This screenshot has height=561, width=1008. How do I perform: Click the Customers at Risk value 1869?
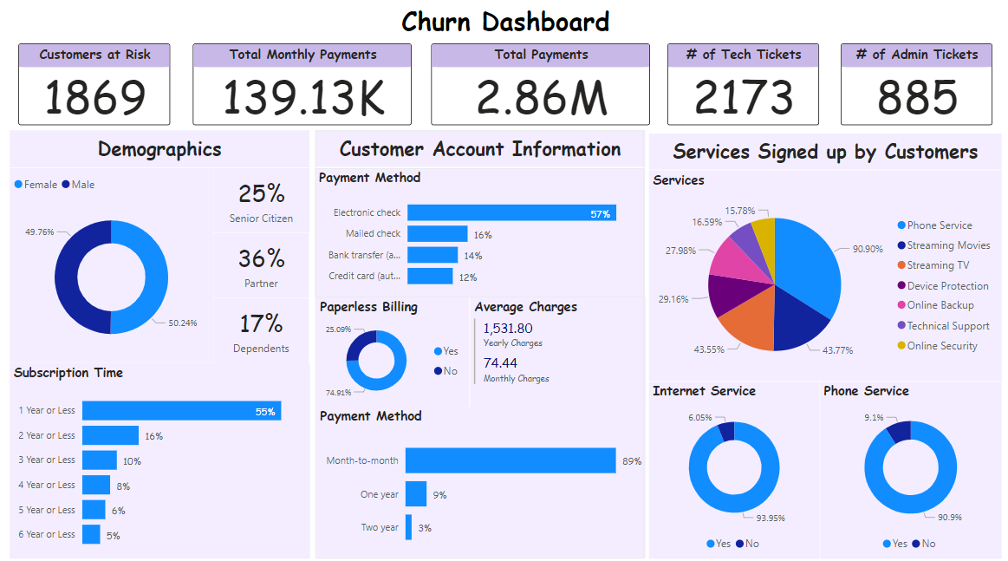[94, 97]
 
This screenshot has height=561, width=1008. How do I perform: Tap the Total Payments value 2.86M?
[542, 97]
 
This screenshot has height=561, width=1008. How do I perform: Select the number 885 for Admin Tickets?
[917, 97]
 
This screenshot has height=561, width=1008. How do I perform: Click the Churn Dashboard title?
[505, 22]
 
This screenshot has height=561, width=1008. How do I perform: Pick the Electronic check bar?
[511, 212]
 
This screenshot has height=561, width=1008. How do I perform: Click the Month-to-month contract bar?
[511, 460]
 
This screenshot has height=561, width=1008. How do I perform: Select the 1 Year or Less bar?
[181, 411]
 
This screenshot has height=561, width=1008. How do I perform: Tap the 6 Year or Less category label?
[47, 534]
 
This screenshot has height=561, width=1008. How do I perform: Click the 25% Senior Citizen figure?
[261, 192]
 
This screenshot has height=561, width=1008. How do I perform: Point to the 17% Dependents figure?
[261, 323]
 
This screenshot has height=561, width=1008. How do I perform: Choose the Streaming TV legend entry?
[938, 265]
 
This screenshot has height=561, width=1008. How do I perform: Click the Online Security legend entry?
[941, 346]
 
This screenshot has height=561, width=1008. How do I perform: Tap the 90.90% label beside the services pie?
[868, 249]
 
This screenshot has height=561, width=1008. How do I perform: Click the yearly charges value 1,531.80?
[508, 328]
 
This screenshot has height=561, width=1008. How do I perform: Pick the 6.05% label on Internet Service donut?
[700, 417]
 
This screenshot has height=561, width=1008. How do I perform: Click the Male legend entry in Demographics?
[83, 185]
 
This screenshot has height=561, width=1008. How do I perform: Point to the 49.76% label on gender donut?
[40, 232]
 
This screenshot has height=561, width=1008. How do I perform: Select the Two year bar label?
[380, 527]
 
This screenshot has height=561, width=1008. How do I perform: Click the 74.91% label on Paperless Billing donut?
[339, 393]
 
